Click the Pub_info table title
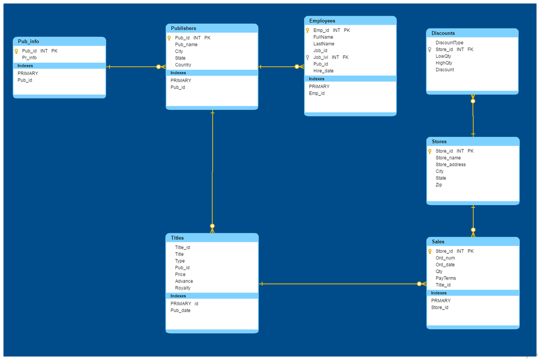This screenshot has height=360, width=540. pyautogui.click(x=28, y=41)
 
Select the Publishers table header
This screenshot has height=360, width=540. pyautogui.click(x=184, y=28)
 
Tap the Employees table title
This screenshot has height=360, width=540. pyautogui.click(x=322, y=21)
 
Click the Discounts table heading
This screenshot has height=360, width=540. pyautogui.click(x=443, y=33)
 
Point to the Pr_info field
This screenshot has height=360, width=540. pyautogui.click(x=29, y=58)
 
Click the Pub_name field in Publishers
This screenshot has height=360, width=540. pyautogui.click(x=186, y=45)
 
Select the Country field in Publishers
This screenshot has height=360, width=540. pyautogui.click(x=183, y=65)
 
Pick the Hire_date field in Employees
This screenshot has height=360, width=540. pyautogui.click(x=323, y=71)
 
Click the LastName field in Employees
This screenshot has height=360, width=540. pyautogui.click(x=324, y=44)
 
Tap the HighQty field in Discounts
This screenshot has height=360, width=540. pyautogui.click(x=444, y=63)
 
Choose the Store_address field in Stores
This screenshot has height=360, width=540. pyautogui.click(x=450, y=164)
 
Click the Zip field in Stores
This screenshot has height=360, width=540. pyautogui.click(x=439, y=184)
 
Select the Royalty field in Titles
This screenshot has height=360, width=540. pyautogui.click(x=183, y=288)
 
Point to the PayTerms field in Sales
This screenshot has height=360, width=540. pyautogui.click(x=446, y=278)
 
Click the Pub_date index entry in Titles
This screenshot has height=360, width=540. pyautogui.click(x=180, y=310)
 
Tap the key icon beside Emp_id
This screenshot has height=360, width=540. pyautogui.click(x=307, y=31)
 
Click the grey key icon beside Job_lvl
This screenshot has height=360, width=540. pyautogui.click(x=307, y=58)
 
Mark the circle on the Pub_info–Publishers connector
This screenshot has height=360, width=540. pyautogui.click(x=158, y=67)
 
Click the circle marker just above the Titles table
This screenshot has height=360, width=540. pyautogui.click(x=212, y=226)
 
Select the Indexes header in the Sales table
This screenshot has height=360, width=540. pyautogui.click(x=439, y=293)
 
